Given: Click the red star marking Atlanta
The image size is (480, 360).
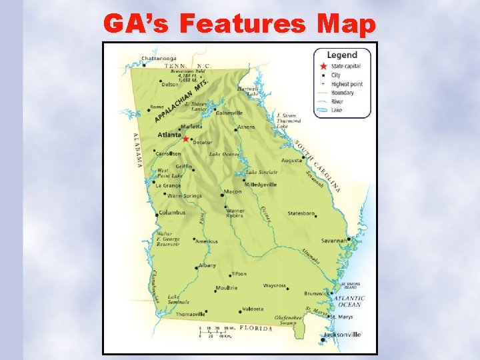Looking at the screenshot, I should [x=186, y=139].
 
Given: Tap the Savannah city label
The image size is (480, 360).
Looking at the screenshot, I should [x=333, y=240].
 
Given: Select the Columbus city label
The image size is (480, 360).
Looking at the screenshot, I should [x=171, y=213].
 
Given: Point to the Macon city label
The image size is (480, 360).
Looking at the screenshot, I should [x=233, y=192].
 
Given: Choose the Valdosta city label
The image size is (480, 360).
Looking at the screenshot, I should [x=253, y=309].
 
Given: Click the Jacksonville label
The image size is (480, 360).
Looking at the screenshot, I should [x=342, y=335].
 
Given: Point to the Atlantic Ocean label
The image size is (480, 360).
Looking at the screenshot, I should [x=349, y=301].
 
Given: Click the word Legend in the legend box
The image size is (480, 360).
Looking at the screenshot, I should [x=341, y=55].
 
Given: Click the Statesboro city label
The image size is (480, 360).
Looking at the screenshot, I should [x=301, y=214].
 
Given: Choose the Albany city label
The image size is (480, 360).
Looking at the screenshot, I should [x=207, y=265].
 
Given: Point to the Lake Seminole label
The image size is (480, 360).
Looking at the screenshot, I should [x=178, y=299].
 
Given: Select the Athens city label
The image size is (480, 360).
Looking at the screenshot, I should [x=246, y=127].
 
